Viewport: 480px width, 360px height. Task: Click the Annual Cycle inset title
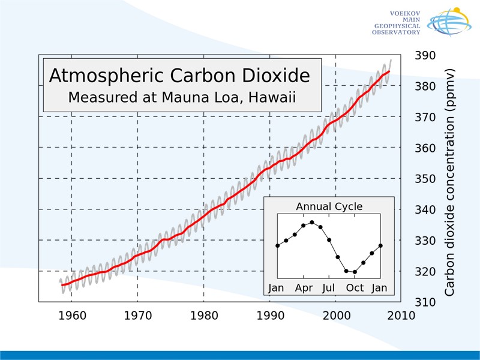coord(329,207)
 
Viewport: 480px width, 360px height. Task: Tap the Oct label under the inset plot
coord(355,288)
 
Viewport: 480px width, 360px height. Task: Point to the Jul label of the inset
coord(328,288)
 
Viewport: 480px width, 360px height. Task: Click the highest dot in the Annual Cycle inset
coord(312,222)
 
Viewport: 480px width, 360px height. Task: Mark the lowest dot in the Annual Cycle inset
coord(355,272)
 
